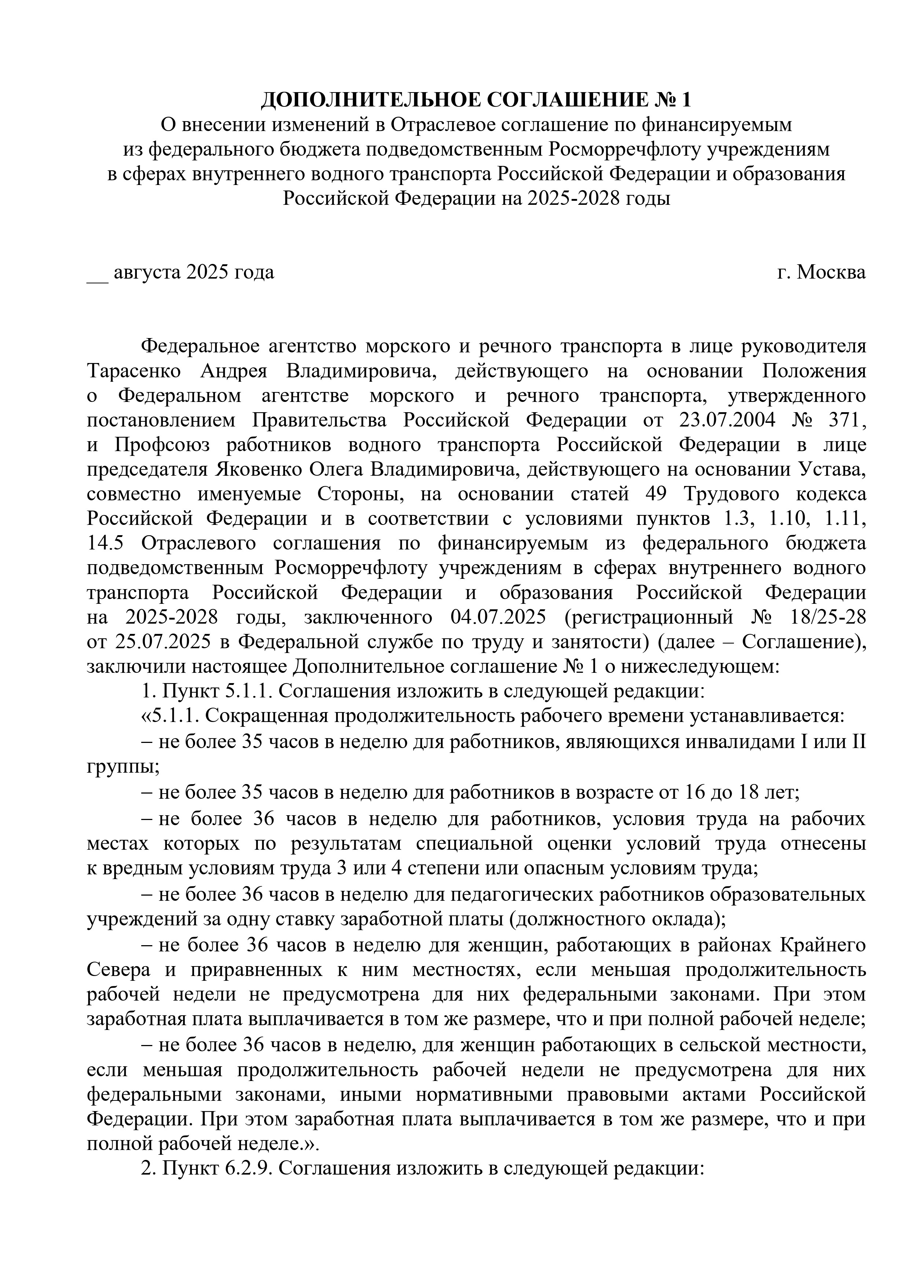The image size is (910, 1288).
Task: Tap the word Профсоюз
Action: pos(162,445)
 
